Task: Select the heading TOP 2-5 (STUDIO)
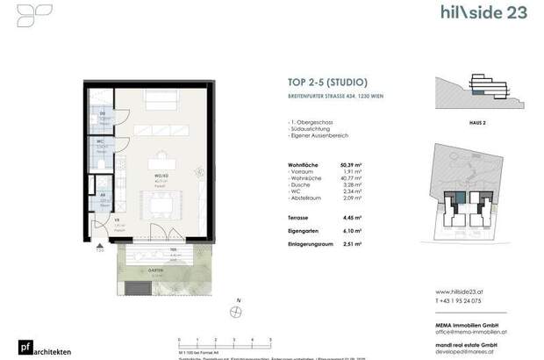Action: (320, 83)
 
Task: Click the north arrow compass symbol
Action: (237, 313)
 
